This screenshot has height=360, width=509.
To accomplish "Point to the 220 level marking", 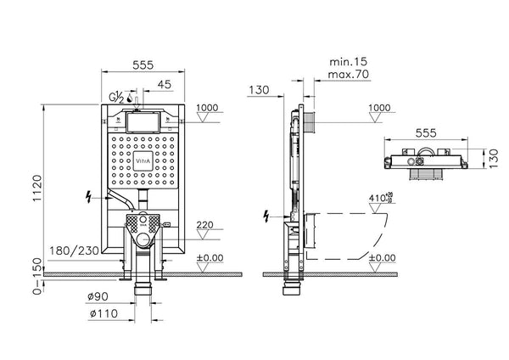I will tap(206, 225).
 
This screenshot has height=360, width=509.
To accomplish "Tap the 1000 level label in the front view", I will tap(207, 108).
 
